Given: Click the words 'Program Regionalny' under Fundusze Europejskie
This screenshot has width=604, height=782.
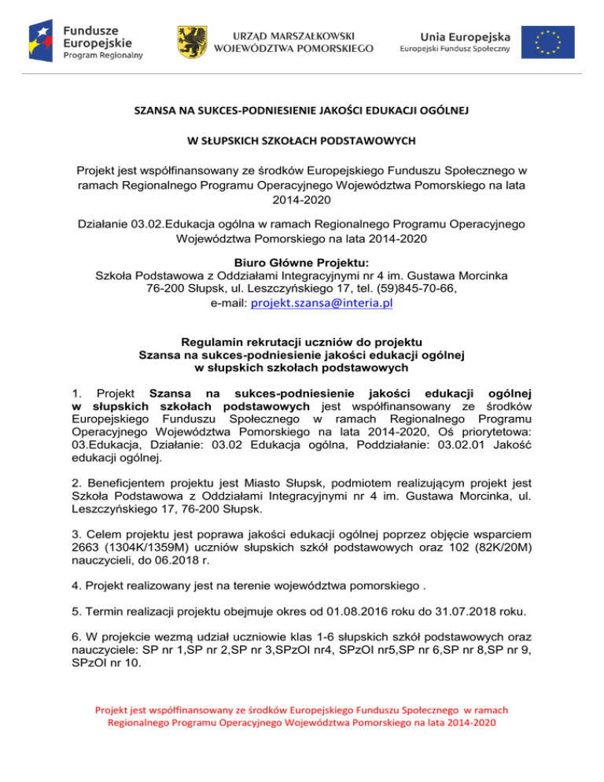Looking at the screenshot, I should pos(103,56).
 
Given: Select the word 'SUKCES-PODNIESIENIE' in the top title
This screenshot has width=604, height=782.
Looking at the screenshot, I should pos(254,112).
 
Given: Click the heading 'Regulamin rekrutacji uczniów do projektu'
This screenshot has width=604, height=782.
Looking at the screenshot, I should pos(301,342).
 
